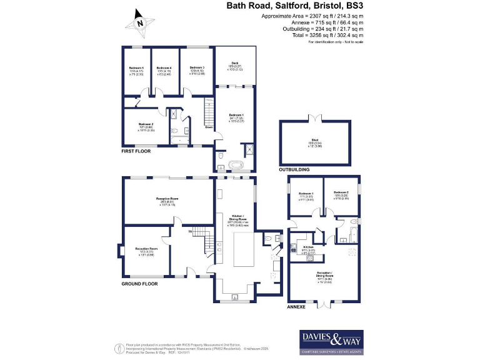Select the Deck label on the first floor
(235, 62)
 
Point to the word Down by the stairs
(209, 127)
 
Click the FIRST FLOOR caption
(137, 151)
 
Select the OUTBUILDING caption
(296, 169)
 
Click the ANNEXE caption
(296, 308)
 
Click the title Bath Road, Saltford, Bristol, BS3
(294, 6)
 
